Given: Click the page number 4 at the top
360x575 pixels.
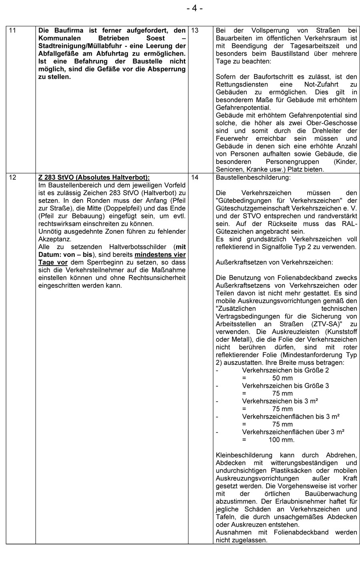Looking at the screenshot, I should (x=194, y=8).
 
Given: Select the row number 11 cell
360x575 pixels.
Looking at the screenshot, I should (x=12, y=30).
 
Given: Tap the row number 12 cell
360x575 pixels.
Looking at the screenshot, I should (x=12, y=177).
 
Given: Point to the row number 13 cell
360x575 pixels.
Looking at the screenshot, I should (x=195, y=30).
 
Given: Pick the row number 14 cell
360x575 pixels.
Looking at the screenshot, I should (x=195, y=177).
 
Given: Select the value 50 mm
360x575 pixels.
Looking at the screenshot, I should (x=282, y=378).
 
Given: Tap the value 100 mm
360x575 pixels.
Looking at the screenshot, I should (x=282, y=440).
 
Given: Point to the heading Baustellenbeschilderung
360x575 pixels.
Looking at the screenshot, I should (x=253, y=177).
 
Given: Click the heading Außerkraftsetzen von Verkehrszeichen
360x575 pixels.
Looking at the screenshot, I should (x=274, y=262).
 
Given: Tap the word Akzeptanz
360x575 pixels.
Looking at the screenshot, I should (x=54, y=239).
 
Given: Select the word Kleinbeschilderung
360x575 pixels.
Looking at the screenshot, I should (x=244, y=455).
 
